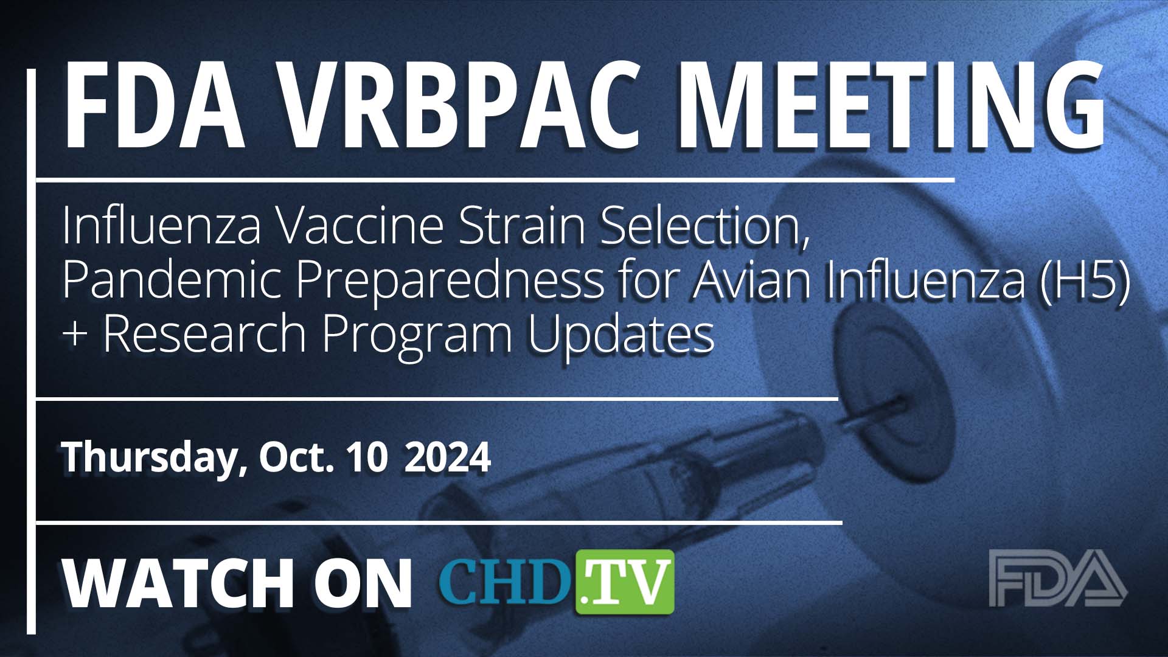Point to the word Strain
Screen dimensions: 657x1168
524,226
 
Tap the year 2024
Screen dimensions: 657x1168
447,457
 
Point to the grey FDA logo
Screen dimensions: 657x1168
1057,578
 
